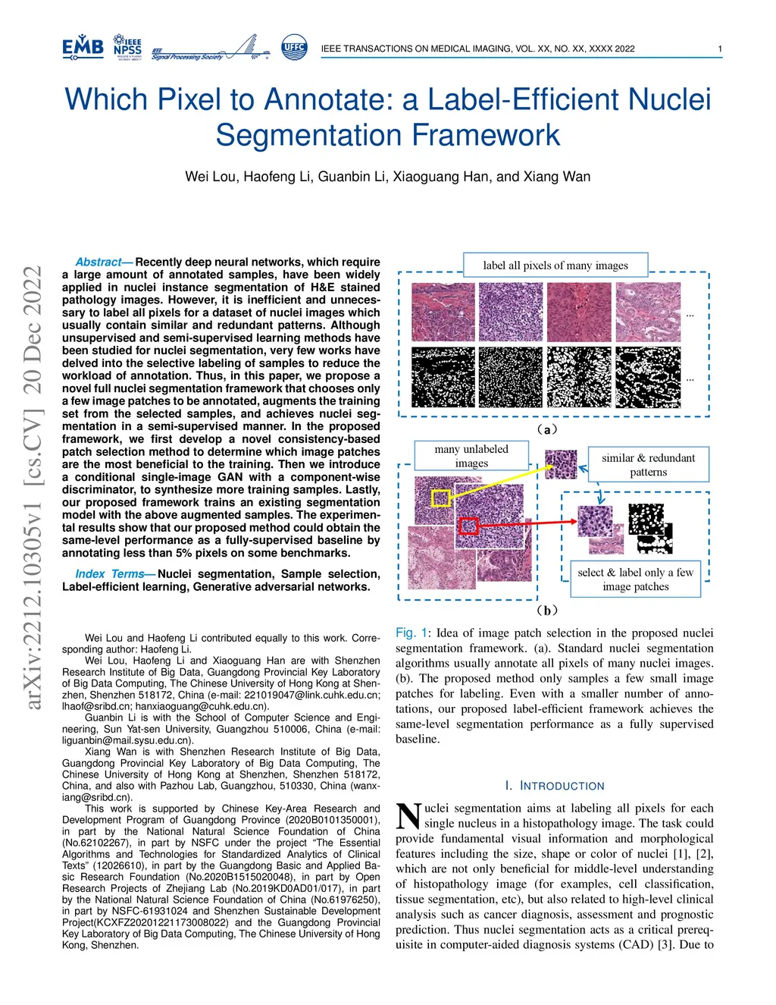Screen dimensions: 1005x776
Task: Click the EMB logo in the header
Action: pos(83,47)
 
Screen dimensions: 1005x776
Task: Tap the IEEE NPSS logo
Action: pos(127,47)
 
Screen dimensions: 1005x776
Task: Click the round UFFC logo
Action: pos(294,47)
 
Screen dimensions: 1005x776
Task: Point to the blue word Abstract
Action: pos(99,262)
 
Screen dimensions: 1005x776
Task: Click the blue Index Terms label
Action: pos(111,574)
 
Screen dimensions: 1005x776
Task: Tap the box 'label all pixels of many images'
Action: pos(555,265)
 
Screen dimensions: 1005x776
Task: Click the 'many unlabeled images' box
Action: pos(471,456)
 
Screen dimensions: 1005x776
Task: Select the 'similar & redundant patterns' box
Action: pos(648,464)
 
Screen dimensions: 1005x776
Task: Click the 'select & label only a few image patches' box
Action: pos(635,579)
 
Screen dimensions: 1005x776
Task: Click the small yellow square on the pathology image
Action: pos(441,498)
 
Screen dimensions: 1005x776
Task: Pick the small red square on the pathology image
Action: pos(469,526)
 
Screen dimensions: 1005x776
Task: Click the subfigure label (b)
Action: pos(547,610)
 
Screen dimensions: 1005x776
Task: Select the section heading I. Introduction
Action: pos(555,786)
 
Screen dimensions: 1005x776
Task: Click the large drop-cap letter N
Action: pos(408,816)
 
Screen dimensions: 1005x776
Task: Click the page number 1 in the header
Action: pos(720,49)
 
